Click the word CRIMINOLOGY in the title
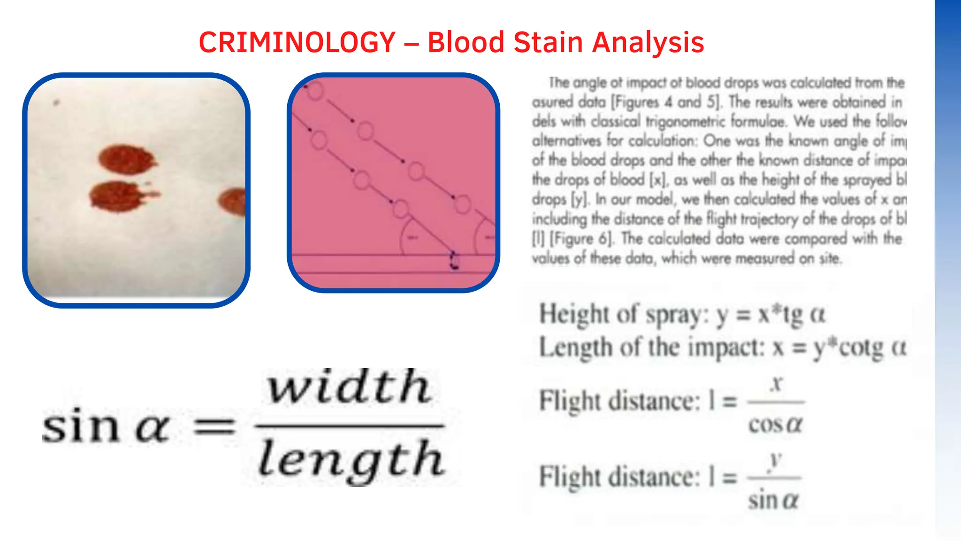pyautogui.click(x=297, y=42)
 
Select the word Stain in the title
pyautogui.click(x=548, y=42)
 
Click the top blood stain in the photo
pyautogui.click(x=126, y=158)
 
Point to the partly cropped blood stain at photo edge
pyautogui.click(x=233, y=201)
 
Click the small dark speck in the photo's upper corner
pyautogui.click(x=57, y=102)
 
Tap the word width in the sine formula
pyautogui.click(x=348, y=387)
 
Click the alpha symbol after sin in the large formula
pyautogui.click(x=152, y=428)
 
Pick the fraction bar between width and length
pyautogui.click(x=349, y=426)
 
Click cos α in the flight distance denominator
pyautogui.click(x=775, y=425)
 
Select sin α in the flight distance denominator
pyautogui.click(x=773, y=499)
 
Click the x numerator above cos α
pyautogui.click(x=777, y=384)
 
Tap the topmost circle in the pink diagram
pyautogui.click(x=315, y=91)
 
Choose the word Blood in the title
pyautogui.click(x=465, y=42)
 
